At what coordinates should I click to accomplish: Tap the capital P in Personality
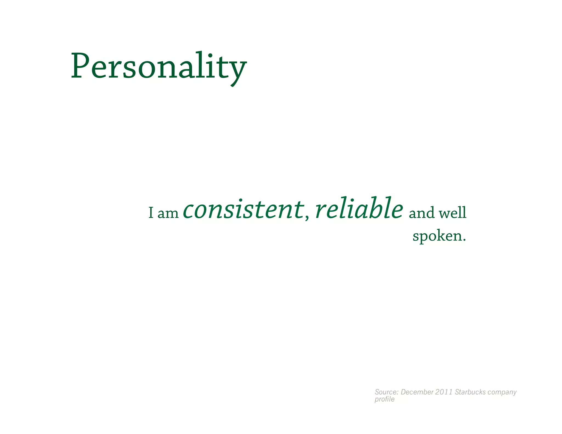(x=80, y=66)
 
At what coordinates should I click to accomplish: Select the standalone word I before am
(x=151, y=213)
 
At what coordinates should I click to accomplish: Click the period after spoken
(x=464, y=240)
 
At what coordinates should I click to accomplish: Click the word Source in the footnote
(x=386, y=392)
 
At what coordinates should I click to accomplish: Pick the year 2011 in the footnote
(x=444, y=392)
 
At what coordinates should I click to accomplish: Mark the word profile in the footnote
(x=384, y=400)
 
